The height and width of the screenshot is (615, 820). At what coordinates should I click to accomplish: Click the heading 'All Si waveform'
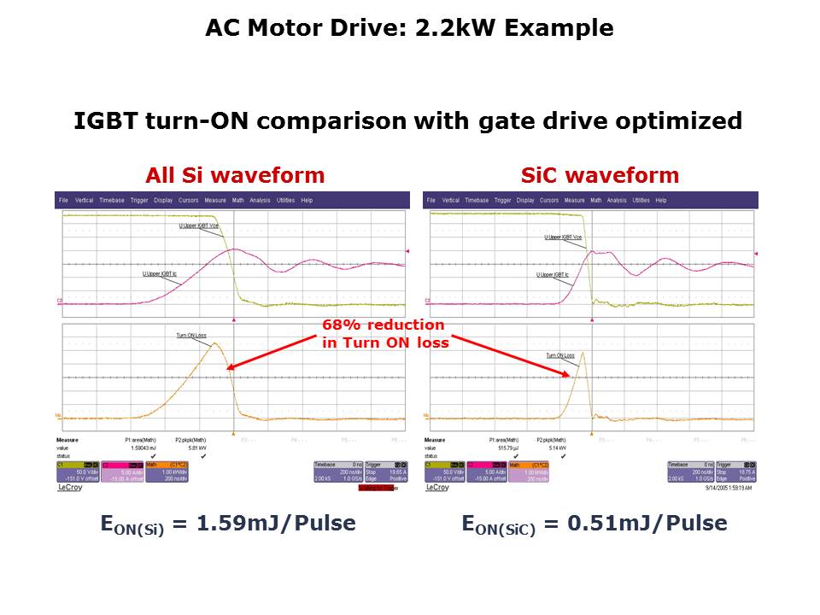(235, 176)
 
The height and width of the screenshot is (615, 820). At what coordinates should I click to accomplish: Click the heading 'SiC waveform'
(600, 176)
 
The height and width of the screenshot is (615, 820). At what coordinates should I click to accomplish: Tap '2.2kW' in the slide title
(448, 28)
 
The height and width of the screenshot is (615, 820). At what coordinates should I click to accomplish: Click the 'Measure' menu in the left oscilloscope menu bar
(214, 201)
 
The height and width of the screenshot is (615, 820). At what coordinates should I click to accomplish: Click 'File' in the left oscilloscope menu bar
(63, 201)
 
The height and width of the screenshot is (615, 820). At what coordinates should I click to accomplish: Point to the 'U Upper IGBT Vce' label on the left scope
(199, 226)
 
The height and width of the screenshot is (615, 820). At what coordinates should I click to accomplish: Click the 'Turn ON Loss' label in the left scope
(191, 336)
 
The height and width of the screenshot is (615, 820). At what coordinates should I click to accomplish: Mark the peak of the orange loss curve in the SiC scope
(583, 353)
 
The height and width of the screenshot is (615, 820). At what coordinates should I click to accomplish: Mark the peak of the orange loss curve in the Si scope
(217, 343)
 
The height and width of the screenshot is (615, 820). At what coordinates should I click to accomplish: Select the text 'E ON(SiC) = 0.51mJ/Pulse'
(594, 524)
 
